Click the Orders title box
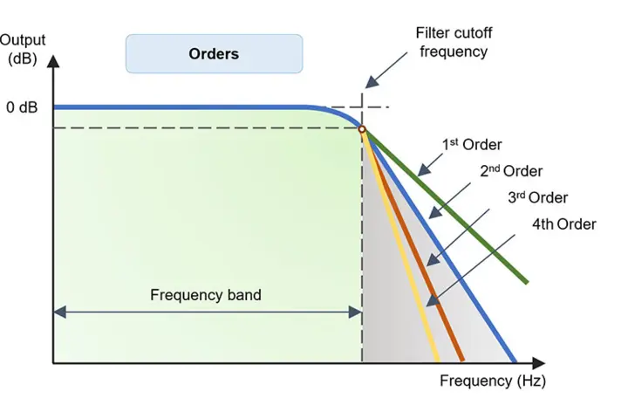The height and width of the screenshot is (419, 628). coord(214,54)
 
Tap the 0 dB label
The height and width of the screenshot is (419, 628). coord(22,107)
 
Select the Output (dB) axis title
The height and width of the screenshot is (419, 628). coord(23,49)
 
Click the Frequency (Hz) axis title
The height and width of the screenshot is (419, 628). coord(493,381)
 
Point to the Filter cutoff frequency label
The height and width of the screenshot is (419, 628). coord(454,42)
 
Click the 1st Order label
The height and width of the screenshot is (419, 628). coord(472,145)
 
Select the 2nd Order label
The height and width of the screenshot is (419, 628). coord(511,171)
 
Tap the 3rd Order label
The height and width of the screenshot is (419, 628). coord(538,197)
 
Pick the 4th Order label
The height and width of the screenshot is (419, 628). coord(564,224)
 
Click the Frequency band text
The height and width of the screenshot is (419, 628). coord(206,295)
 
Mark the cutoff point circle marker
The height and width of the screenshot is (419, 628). coord(362,129)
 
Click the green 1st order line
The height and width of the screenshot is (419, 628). coord(445,206)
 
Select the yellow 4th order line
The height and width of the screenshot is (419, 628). coord(400,245)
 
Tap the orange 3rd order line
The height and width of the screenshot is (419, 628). coord(413,245)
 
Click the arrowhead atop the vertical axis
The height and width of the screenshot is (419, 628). coord(53,61)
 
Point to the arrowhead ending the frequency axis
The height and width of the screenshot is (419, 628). coord(539,363)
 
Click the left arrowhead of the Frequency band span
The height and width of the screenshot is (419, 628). coord(59,312)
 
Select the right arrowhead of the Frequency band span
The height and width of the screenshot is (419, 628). coord(355,312)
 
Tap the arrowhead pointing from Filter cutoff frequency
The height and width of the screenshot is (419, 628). coord(372,82)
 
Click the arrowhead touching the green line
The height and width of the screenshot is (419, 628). coord(424,170)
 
